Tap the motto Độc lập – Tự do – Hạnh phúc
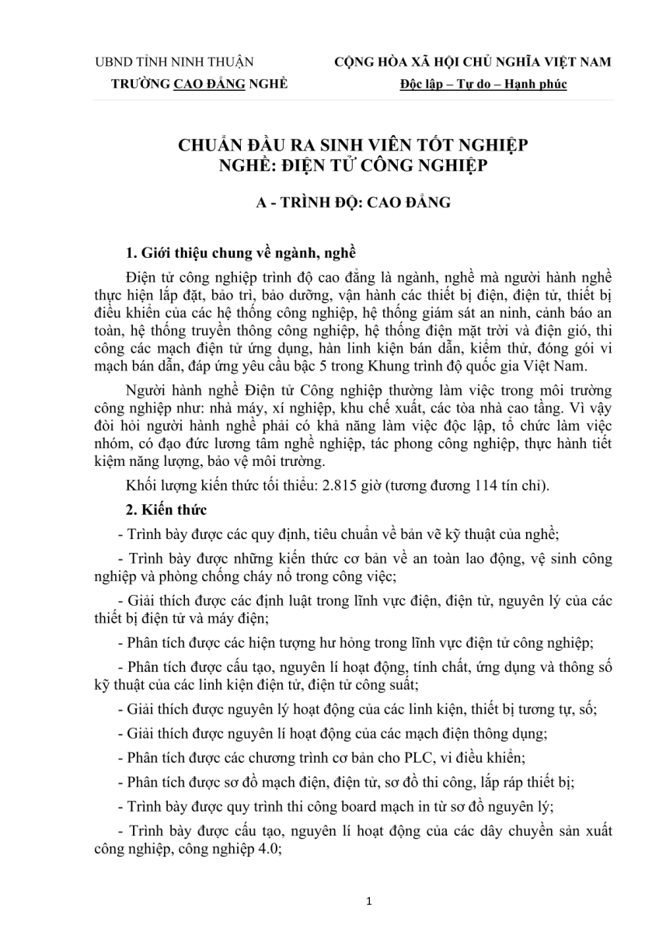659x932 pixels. (483, 84)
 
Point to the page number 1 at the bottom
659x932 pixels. (369, 901)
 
